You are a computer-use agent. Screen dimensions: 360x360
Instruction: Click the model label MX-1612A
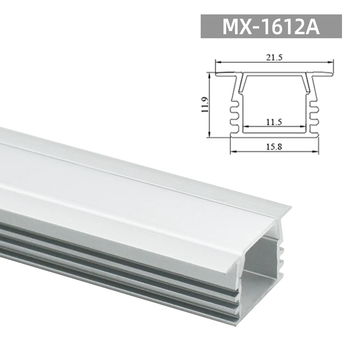pyautogui.click(x=271, y=27)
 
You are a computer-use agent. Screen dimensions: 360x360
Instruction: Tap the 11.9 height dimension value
pyautogui.click(x=205, y=104)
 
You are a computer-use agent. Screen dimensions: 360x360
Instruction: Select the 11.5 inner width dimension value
pyautogui.click(x=274, y=121)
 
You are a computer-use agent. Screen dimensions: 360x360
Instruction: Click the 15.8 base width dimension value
pyautogui.click(x=274, y=147)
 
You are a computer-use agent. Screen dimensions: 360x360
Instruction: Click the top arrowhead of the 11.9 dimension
pyautogui.click(x=210, y=74)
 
